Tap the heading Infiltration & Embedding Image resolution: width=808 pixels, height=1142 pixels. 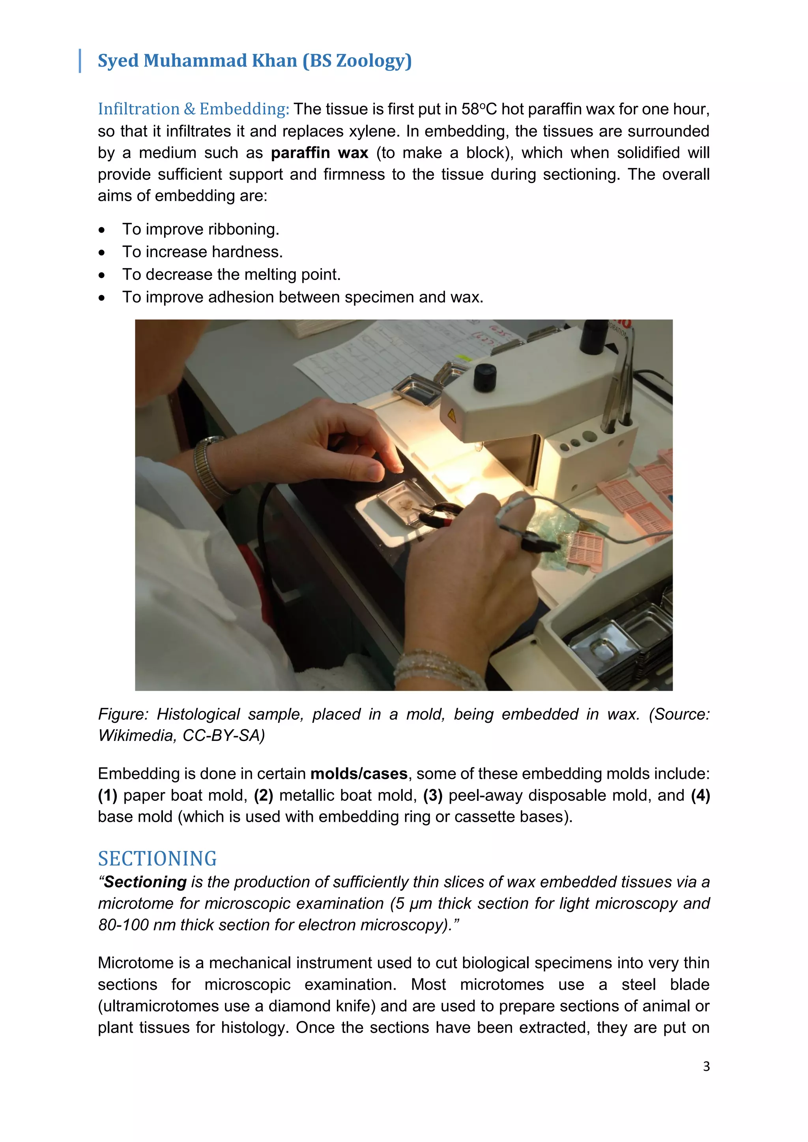pos(193,109)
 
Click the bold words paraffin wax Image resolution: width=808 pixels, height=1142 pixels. pos(320,153)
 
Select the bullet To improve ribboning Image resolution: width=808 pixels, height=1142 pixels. pos(200,229)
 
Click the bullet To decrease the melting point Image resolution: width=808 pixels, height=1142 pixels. pos(231,274)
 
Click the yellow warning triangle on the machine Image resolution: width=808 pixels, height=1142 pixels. pos(451,414)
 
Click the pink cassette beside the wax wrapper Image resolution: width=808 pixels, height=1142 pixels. pos(586,547)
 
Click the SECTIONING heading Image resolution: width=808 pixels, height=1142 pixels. pos(157,859)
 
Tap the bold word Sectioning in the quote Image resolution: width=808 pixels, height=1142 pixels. pos(145,882)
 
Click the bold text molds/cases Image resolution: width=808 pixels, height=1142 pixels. pos(359,774)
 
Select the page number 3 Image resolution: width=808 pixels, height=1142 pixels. pos(706,1066)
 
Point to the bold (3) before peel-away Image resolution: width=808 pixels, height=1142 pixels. pos(433,795)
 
